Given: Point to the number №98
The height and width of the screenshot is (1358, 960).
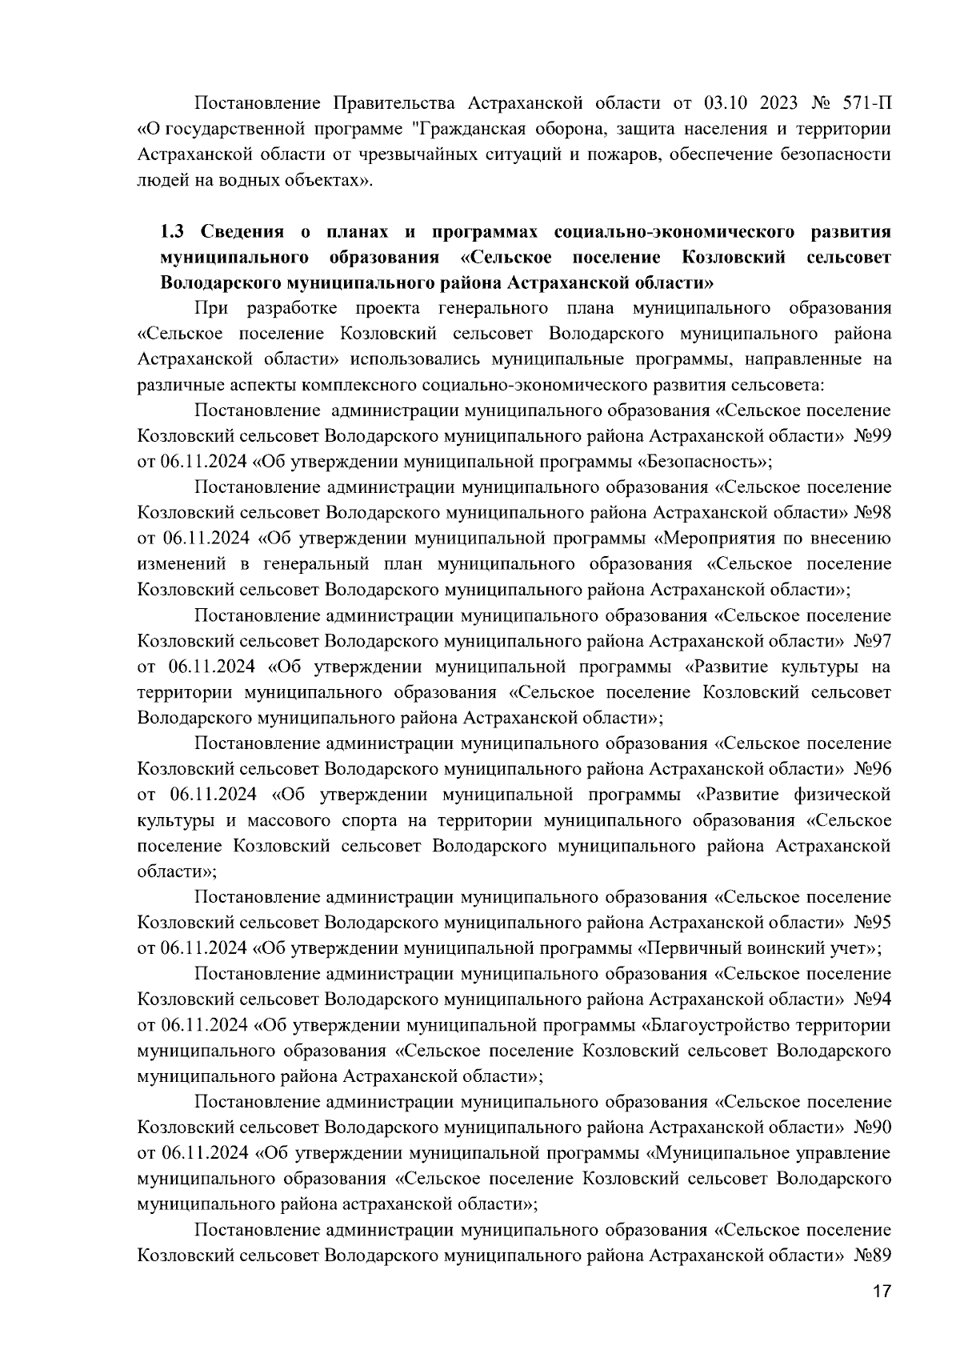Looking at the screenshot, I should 874,512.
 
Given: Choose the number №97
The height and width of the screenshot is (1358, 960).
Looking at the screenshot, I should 874,641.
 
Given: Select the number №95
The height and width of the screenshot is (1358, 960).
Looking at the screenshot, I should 874,923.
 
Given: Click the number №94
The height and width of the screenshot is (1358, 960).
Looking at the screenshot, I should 874,999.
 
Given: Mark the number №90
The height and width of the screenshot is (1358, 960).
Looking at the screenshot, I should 874,1128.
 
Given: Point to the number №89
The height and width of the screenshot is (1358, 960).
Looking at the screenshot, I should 874,1256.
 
